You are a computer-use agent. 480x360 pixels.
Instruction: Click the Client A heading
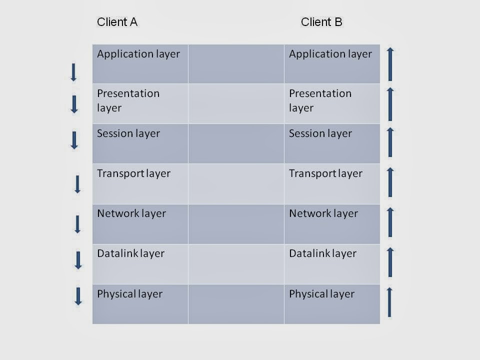coord(117,22)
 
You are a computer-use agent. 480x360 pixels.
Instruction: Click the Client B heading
coord(321,22)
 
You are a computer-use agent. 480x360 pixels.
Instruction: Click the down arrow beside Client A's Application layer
coord(73,72)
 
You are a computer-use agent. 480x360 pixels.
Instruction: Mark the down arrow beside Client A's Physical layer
coord(78,296)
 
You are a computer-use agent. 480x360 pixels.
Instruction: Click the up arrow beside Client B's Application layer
coord(390,64)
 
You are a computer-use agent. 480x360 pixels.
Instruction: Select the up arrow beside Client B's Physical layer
coord(390,302)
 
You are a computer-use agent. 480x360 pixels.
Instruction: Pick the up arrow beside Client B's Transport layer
coord(390,182)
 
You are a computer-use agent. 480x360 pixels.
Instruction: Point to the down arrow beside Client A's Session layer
coord(74,140)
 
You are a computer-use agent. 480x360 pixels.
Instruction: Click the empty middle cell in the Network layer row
coord(236,223)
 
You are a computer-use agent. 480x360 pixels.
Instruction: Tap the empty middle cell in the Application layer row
coord(236,63)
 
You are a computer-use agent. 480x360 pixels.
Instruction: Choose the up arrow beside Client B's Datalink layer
coord(390,262)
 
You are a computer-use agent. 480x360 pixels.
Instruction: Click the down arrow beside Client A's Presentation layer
coord(74,104)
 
